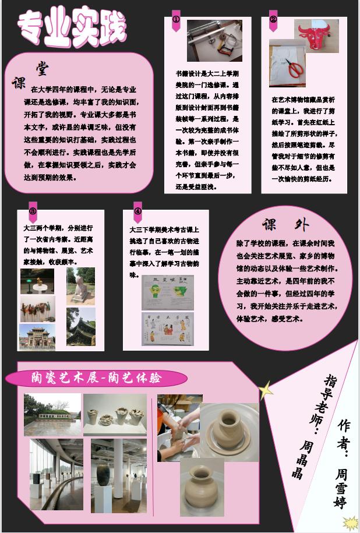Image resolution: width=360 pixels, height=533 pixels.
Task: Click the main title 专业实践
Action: (x=71, y=27)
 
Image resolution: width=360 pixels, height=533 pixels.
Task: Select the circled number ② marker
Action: (x=273, y=20)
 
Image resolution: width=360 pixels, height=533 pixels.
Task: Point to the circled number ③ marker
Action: (x=33, y=211)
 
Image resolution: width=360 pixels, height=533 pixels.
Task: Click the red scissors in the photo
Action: (x=295, y=69)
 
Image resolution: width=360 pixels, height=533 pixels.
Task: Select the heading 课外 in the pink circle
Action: (x=285, y=225)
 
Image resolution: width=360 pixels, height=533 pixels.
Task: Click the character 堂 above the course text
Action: (x=42, y=68)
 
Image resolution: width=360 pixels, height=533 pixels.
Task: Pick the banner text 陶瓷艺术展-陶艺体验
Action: (x=96, y=378)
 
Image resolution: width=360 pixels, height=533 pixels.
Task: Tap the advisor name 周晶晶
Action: (x=302, y=459)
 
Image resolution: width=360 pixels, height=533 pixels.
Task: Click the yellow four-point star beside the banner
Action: (x=266, y=390)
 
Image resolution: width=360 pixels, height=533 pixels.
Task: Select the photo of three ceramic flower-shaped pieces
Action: (x=115, y=415)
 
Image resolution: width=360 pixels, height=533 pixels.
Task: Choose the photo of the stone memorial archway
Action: (x=37, y=337)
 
